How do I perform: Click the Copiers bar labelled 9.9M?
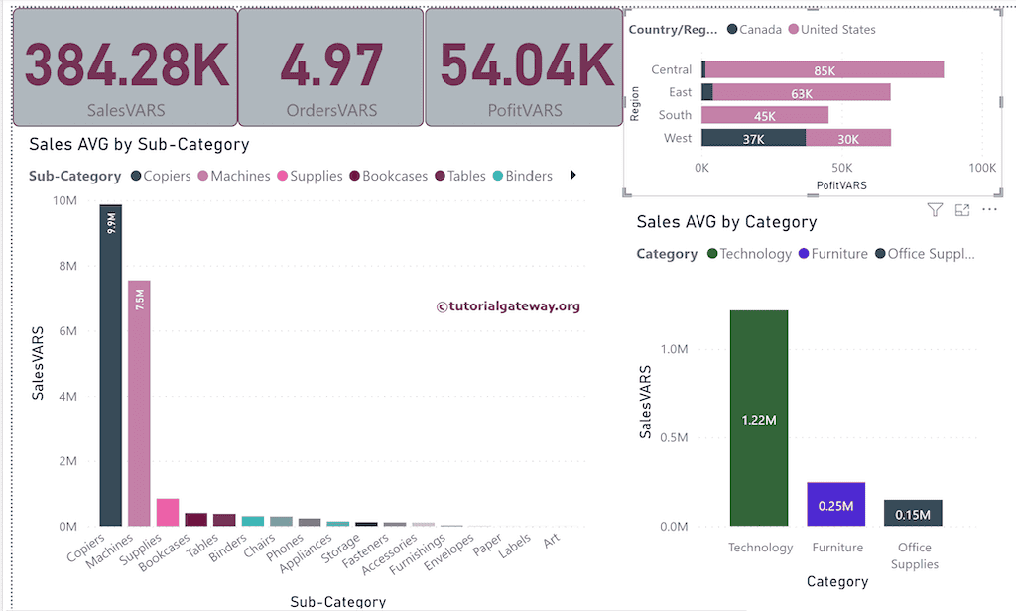coord(111,367)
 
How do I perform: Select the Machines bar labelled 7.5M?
coord(139,407)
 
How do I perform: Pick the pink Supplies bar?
coord(167,512)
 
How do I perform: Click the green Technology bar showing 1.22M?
coord(759,419)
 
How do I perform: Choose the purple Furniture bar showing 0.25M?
coord(835,504)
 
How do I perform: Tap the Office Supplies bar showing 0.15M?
coord(913,513)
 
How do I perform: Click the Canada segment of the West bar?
coord(753,138)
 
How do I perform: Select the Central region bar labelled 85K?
coord(824,69)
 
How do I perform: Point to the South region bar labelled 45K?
coord(765,115)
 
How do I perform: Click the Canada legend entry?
coord(754,30)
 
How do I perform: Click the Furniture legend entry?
coord(833,254)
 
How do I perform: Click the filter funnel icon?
coord(935,210)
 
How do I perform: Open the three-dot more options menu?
coord(988,210)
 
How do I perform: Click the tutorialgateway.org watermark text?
coord(508,306)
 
